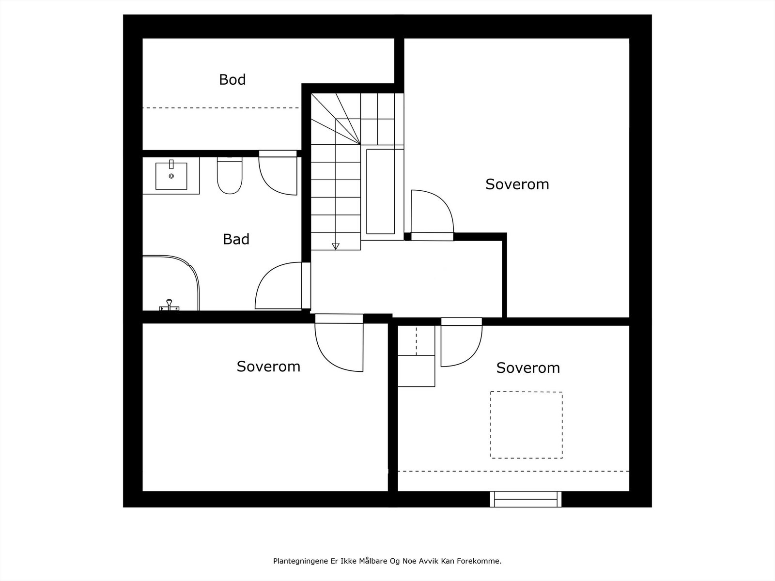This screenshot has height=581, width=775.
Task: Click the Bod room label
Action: [232, 79]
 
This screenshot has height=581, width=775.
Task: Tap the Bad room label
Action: [236, 239]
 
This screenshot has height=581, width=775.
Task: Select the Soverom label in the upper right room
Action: [517, 184]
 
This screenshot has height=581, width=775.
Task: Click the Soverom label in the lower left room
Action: [268, 367]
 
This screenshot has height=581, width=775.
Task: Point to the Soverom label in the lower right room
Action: [527, 368]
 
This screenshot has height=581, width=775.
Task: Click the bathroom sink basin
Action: [171, 176]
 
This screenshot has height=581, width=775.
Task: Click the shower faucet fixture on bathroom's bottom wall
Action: [169, 306]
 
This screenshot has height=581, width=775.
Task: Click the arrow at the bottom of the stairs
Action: [336, 246]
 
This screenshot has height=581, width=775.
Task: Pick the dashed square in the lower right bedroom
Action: [526, 425]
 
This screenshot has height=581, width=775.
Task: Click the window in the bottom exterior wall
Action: [526, 499]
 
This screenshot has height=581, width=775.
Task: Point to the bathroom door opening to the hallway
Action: [279, 286]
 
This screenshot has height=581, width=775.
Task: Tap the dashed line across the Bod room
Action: [220, 108]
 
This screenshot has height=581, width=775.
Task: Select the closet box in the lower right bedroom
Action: [416, 370]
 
